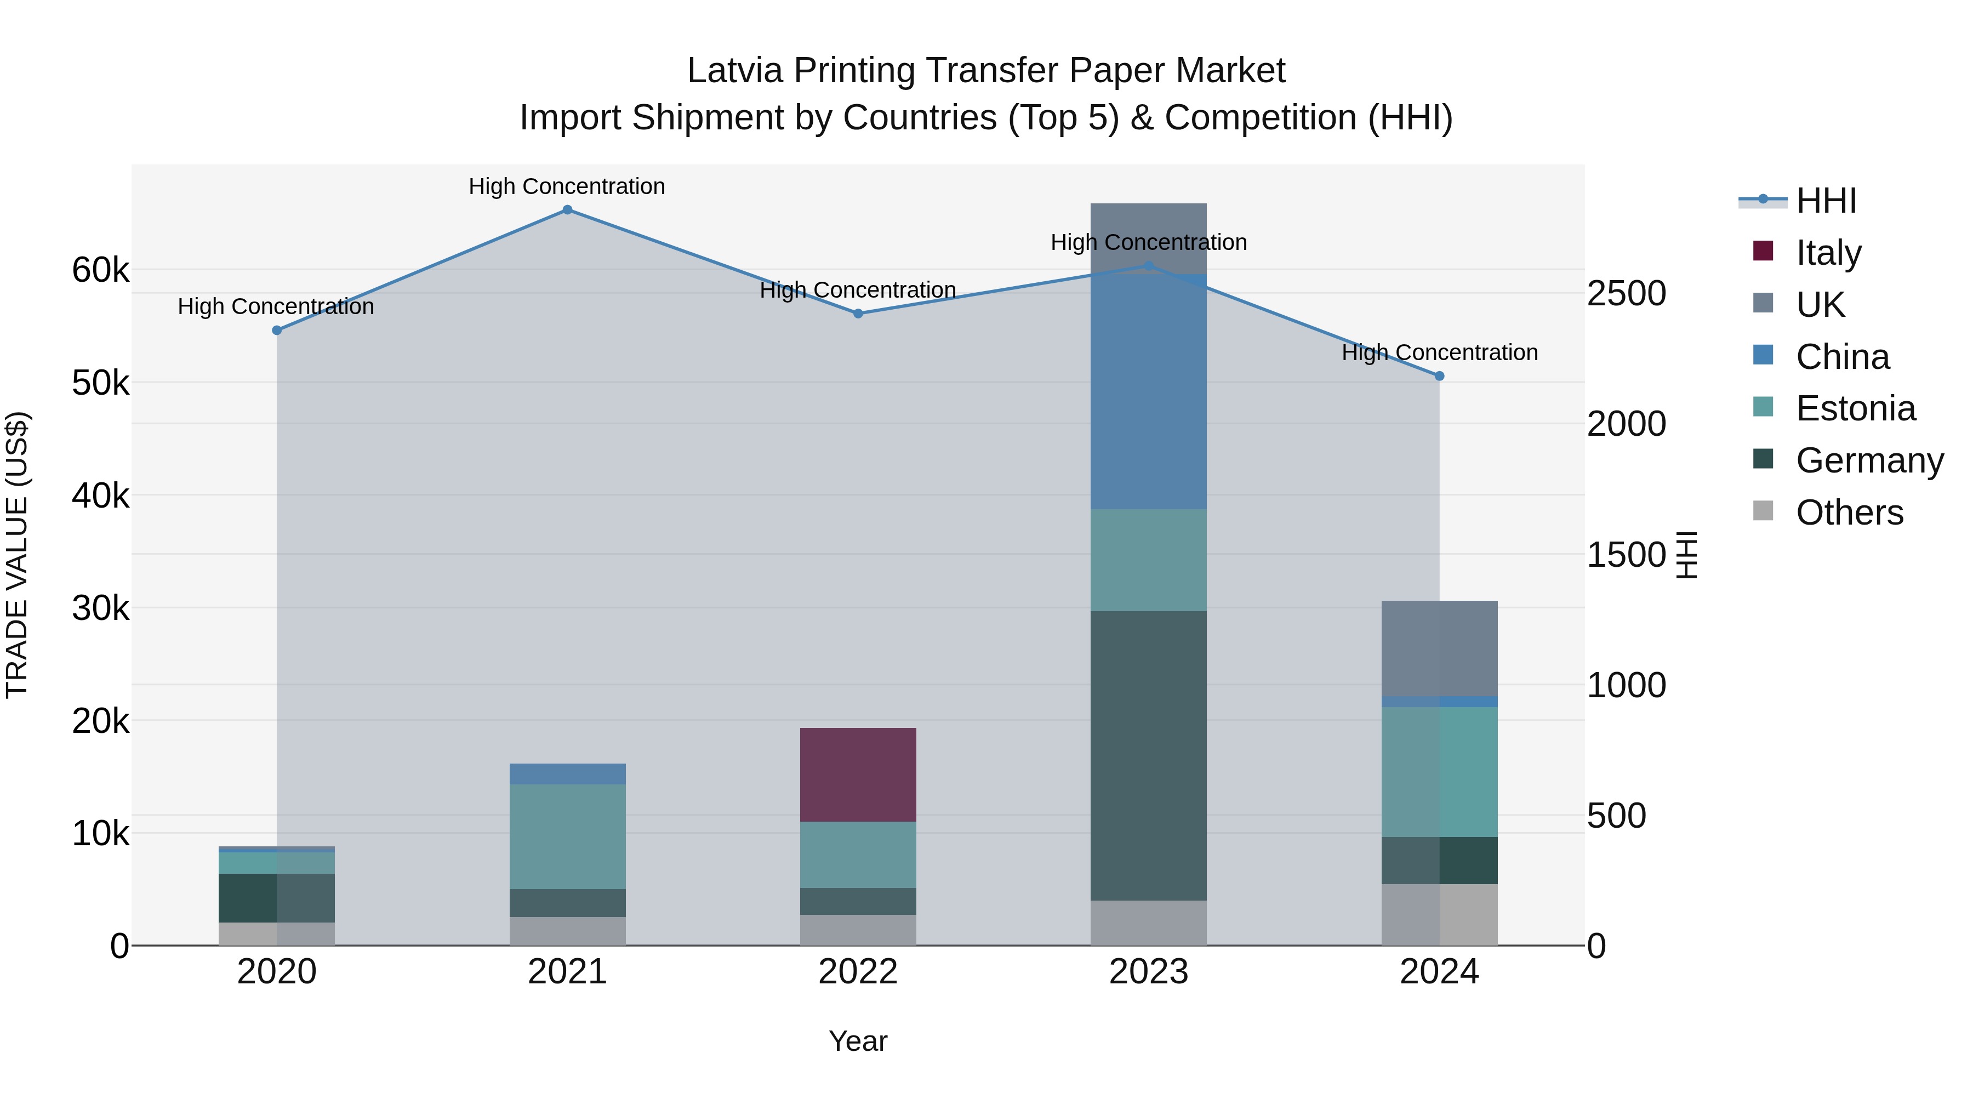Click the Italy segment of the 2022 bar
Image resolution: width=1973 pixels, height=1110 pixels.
coord(858,775)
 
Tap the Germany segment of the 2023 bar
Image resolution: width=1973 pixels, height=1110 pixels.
coord(1148,755)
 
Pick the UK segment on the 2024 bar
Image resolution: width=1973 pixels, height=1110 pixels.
coord(1439,648)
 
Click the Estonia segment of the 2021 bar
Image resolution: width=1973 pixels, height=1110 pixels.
coord(568,836)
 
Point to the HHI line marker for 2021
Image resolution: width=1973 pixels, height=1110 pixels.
coord(568,210)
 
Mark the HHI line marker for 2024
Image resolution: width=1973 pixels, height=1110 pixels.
coord(1439,376)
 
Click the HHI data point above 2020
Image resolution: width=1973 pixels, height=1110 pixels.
coord(277,330)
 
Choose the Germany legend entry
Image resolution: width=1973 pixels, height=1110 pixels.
coord(1869,460)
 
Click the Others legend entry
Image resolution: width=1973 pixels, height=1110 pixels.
coord(1849,513)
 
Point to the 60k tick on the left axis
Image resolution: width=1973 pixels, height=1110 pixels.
coord(100,270)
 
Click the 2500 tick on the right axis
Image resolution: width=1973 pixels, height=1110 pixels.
coord(1626,293)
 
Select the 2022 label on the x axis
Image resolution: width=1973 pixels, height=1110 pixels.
coord(858,972)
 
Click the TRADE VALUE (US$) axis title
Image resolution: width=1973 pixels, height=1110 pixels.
coord(17,555)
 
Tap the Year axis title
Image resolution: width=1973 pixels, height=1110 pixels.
coord(858,1041)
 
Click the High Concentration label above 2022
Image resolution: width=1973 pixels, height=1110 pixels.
coord(858,291)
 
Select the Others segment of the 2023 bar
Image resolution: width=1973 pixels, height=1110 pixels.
coord(1148,923)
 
